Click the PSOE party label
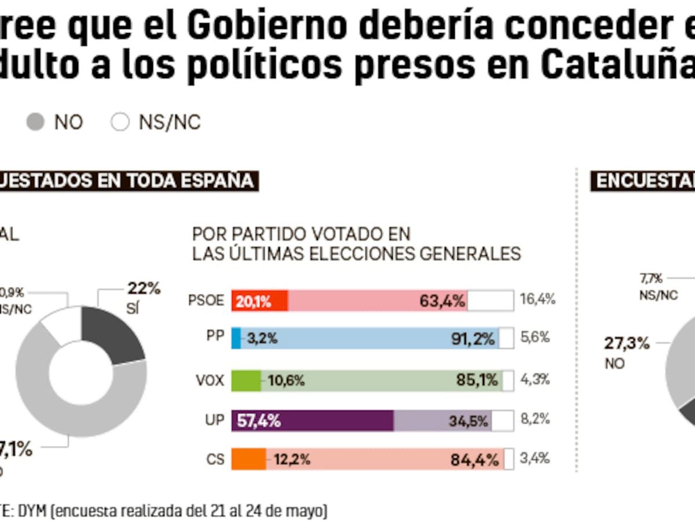click(x=206, y=300)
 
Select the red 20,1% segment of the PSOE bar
click(x=259, y=301)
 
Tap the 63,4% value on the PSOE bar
click(x=443, y=301)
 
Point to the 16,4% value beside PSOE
click(x=537, y=299)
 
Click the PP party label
click(x=214, y=337)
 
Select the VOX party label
click(x=210, y=379)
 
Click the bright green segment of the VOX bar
click(x=246, y=380)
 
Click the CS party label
click(x=215, y=459)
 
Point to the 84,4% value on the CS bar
click(x=475, y=460)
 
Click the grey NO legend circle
click(x=36, y=122)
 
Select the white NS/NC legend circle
click(x=120, y=122)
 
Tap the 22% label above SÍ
click(x=144, y=289)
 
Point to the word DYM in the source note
click(x=32, y=511)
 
